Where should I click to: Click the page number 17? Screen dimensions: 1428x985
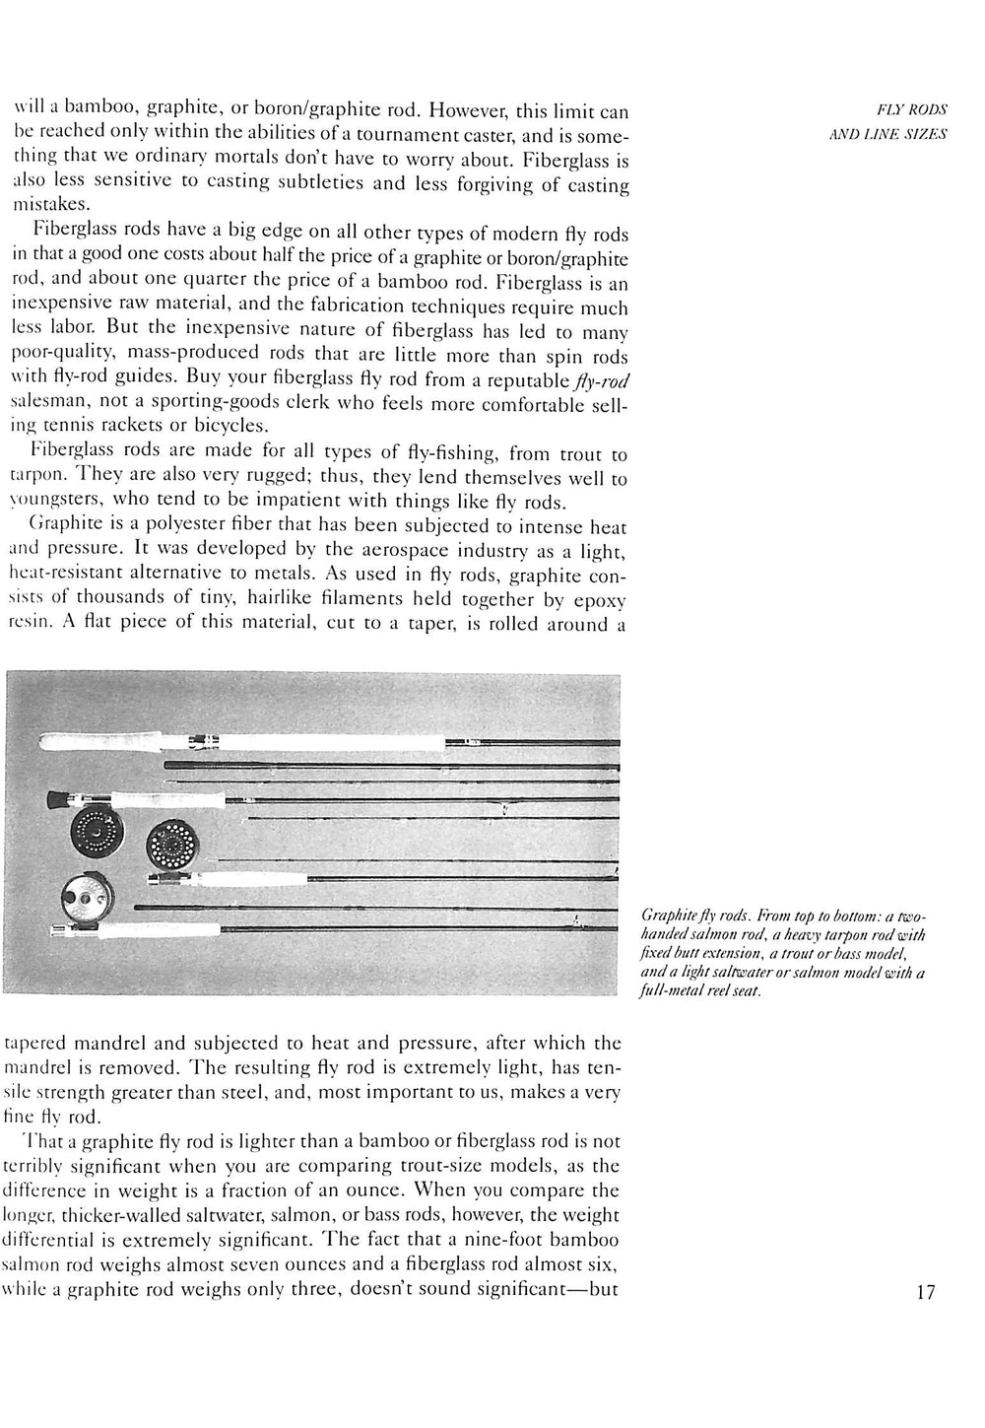coord(925,1292)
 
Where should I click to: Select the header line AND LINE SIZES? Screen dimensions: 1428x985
coord(888,134)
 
